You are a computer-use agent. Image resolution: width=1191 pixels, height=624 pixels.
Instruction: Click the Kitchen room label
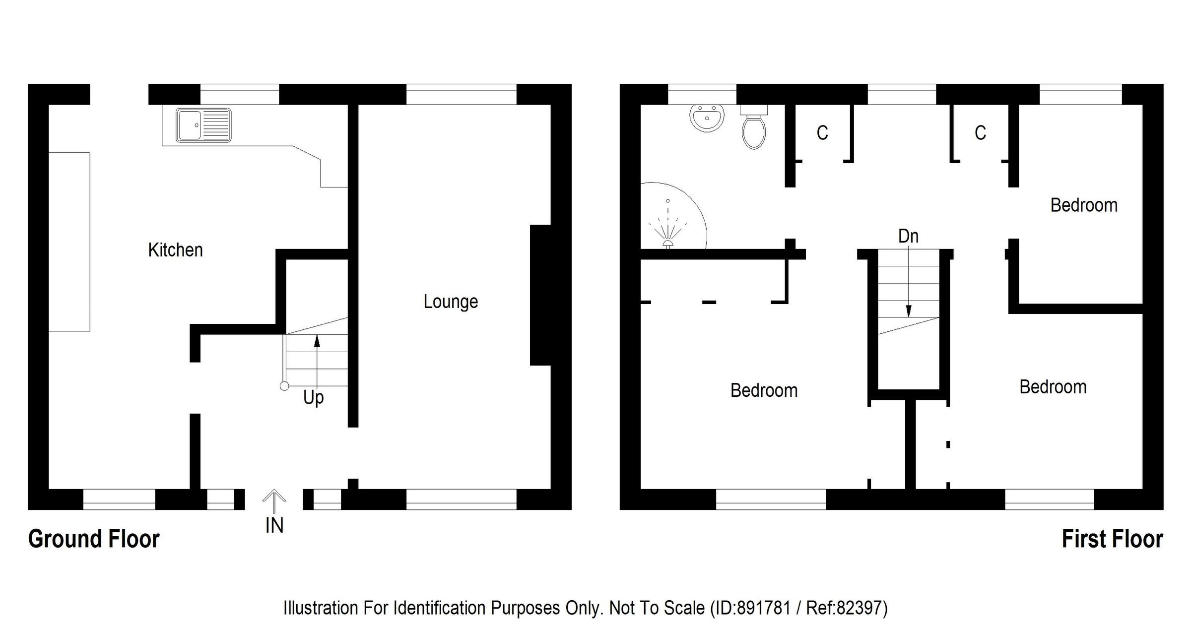(175, 250)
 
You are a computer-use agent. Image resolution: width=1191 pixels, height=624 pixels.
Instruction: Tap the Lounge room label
(451, 302)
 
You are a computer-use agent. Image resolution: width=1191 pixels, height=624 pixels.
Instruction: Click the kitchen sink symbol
(203, 125)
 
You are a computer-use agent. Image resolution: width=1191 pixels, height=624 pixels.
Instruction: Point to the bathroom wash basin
(707, 118)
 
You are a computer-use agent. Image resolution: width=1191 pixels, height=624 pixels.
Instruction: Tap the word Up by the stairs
(314, 397)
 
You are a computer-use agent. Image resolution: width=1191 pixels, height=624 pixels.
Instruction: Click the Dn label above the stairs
(908, 236)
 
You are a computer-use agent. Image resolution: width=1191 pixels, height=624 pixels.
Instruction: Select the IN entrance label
(274, 526)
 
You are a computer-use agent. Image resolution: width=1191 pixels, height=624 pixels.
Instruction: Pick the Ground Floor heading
(94, 539)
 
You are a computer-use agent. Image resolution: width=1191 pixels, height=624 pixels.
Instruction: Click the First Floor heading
(1112, 539)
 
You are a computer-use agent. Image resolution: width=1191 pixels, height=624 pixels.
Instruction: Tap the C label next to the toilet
(822, 133)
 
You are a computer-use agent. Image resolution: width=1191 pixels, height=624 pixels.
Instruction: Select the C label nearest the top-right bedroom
(980, 133)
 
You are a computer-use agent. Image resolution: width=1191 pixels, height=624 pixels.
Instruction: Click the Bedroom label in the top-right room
(1084, 205)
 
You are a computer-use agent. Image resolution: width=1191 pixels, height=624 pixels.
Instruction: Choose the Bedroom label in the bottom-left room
(764, 390)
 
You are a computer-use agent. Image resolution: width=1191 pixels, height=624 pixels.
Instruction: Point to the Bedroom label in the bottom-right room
(1053, 387)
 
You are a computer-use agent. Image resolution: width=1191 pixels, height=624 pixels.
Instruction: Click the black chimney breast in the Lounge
(541, 295)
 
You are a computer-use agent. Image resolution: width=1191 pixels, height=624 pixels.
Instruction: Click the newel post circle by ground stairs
(284, 386)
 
